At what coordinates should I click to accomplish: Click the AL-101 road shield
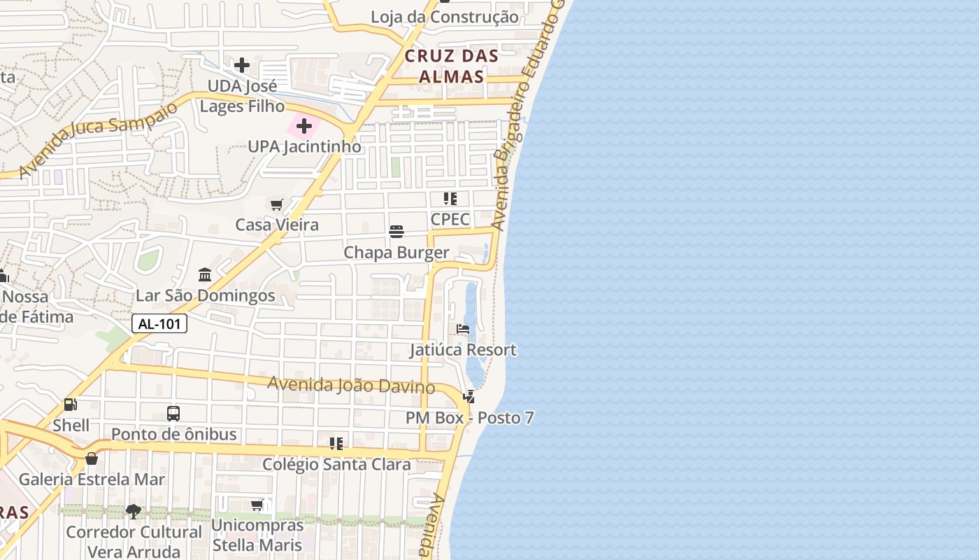point(159,323)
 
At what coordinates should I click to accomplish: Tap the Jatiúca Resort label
point(463,349)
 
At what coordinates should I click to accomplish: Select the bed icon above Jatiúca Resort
point(463,328)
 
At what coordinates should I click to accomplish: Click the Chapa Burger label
point(396,252)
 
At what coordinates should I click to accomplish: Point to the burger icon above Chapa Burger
point(396,231)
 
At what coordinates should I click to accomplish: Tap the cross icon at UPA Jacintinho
point(304,126)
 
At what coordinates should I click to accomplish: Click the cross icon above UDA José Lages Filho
point(242,65)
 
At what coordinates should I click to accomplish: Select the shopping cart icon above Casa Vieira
point(277,204)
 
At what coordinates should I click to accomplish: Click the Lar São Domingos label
point(206,295)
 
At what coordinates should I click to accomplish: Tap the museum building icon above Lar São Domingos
point(205,274)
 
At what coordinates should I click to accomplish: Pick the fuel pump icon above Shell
point(70,405)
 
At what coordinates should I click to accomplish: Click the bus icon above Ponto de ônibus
point(173,413)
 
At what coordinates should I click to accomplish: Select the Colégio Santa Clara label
point(336,464)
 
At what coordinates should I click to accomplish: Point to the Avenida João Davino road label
point(351,384)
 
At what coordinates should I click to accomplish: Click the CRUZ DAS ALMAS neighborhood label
point(451,66)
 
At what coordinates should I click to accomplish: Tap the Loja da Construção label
point(445,17)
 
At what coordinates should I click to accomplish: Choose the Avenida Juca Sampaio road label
point(98,139)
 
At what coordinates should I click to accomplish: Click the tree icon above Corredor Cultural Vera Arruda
point(134,512)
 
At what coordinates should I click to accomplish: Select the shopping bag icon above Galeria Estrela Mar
point(92,458)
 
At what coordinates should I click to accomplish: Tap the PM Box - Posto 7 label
point(470,418)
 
